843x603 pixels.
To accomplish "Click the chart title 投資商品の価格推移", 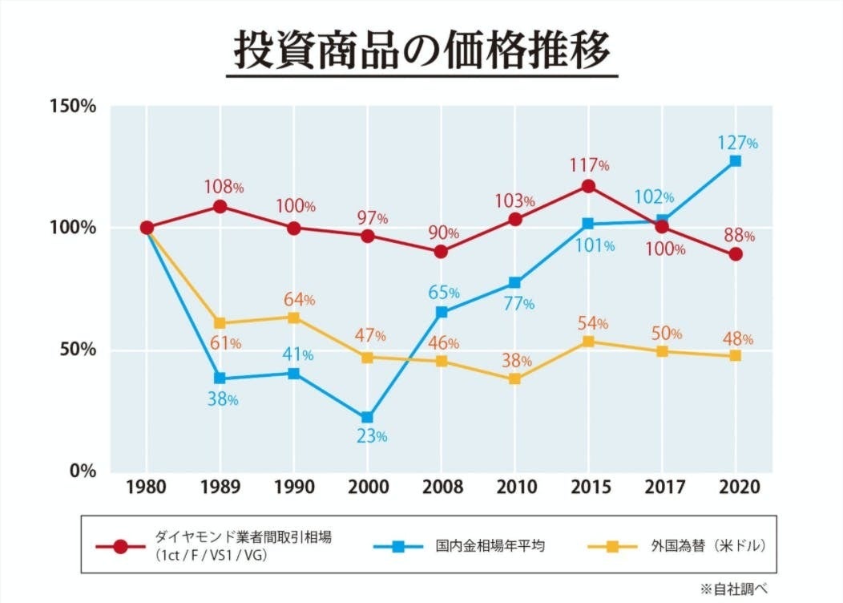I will (421, 50).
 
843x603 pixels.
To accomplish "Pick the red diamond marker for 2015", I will (588, 186).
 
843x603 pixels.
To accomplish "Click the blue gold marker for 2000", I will (367, 418).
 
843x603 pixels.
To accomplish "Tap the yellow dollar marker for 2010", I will (514, 378).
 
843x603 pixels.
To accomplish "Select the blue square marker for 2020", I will (736, 161).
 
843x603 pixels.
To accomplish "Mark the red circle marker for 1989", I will (220, 207).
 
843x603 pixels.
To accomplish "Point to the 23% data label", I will (370, 437).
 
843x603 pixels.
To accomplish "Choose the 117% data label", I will (591, 166).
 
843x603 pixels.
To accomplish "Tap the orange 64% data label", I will (300, 300).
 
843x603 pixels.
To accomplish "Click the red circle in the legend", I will (120, 547).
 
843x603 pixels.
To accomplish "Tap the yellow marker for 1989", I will (220, 323).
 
